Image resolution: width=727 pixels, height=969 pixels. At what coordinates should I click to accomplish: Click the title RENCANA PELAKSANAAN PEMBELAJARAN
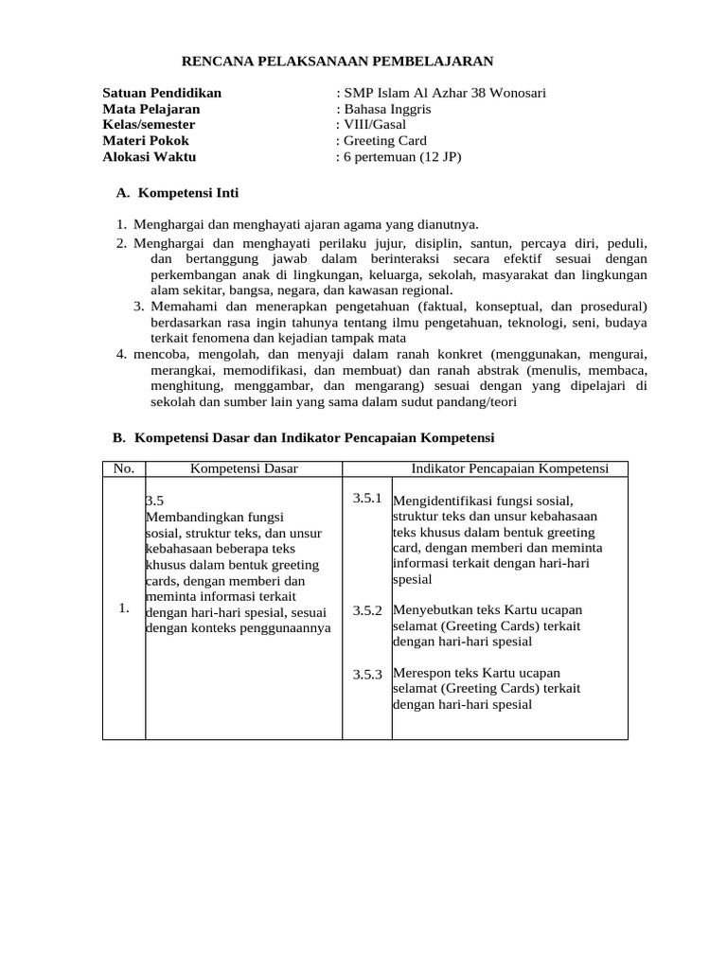click(x=337, y=62)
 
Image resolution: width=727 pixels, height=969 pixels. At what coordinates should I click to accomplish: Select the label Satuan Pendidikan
click(x=162, y=93)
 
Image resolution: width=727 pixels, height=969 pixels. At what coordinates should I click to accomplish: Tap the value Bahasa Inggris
click(x=387, y=109)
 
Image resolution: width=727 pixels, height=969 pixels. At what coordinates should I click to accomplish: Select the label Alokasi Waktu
click(x=150, y=157)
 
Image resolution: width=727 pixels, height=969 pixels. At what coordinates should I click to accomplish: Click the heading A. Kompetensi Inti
click(x=177, y=193)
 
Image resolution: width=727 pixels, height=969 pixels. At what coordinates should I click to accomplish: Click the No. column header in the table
click(x=124, y=468)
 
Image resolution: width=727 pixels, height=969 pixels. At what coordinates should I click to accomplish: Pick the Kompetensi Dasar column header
click(x=244, y=468)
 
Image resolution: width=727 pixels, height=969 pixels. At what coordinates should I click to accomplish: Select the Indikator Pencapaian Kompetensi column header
click(x=509, y=468)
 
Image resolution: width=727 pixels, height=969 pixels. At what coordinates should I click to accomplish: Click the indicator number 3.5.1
click(x=366, y=498)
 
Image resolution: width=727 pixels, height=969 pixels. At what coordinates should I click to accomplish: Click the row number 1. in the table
click(x=124, y=608)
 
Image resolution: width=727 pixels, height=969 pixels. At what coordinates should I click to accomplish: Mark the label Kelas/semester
click(x=149, y=125)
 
